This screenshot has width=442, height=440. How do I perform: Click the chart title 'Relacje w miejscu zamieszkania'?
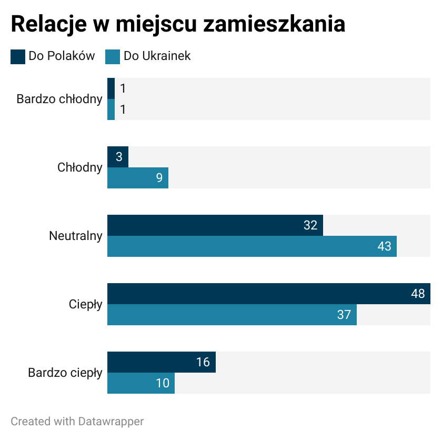pos(178,25)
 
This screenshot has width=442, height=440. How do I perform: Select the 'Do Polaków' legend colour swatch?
pos(18,56)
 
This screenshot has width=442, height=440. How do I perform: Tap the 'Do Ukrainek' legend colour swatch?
pos(113,56)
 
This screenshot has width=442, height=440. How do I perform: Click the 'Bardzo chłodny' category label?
pos(59,99)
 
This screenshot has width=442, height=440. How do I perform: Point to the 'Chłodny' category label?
pos(80,167)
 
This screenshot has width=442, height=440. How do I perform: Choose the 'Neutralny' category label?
pos(76,236)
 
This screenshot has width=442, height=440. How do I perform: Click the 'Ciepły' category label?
pos(86,304)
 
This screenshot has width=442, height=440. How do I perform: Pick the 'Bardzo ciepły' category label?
pos(65,373)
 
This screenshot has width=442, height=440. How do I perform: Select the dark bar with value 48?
pos(263,294)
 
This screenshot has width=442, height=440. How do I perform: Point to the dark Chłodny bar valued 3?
pos(117,157)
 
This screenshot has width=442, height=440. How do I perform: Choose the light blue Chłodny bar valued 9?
pos(137,178)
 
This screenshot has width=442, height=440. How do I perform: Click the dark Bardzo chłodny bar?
pos(111,88)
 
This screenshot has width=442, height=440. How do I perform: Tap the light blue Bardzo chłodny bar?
pos(111,109)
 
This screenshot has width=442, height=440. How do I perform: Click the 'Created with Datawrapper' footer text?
pos(77,422)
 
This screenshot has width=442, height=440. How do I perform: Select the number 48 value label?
pos(418,294)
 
